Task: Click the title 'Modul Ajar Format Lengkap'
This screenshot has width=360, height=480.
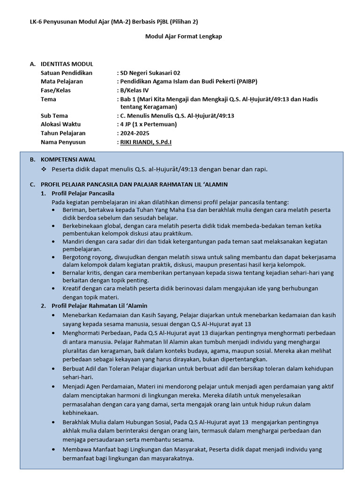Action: pyautogui.click(x=183, y=37)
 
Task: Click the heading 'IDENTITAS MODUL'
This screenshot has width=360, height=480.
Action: pyautogui.click(x=67, y=64)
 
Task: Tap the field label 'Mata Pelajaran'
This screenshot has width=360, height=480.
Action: pyautogui.click(x=61, y=81)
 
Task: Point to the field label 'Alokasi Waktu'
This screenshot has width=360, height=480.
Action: pyautogui.click(x=60, y=124)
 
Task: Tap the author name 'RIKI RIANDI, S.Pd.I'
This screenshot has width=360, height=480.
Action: pyautogui.click(x=146, y=142)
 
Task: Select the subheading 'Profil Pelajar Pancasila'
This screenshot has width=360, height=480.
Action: pyautogui.click(x=83, y=193)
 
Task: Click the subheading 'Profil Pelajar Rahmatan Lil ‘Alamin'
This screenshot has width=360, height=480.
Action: pyautogui.click(x=93, y=306)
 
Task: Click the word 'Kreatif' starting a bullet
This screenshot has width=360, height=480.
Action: pyautogui.click(x=72, y=289)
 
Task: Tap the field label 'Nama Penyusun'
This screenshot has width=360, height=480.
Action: pyautogui.click(x=63, y=142)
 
